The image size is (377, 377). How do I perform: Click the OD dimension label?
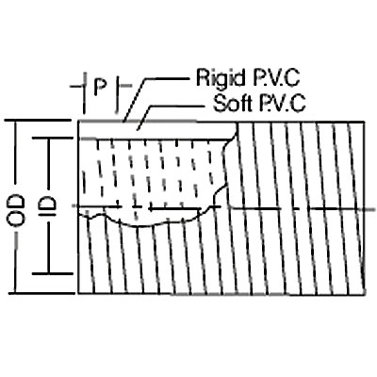click(x=16, y=210)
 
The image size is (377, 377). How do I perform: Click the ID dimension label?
click(x=49, y=207)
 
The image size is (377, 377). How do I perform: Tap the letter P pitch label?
click(x=100, y=87)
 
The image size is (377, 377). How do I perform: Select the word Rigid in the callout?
click(x=221, y=77)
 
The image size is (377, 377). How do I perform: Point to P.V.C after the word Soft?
click(x=283, y=103)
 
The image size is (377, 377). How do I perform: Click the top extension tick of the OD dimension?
click(x=39, y=121)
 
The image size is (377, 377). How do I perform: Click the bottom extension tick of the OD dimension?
click(x=41, y=293)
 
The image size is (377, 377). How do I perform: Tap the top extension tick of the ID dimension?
click(x=53, y=139)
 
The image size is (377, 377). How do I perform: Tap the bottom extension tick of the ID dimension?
click(x=53, y=274)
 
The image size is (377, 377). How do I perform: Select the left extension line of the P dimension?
click(x=84, y=93)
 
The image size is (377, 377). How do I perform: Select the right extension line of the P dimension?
click(x=117, y=93)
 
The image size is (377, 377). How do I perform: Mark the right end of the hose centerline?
click(x=375, y=209)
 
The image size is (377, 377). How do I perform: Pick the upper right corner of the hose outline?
click(x=365, y=121)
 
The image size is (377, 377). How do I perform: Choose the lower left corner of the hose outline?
click(x=78, y=293)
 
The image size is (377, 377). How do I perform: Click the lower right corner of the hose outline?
click(x=365, y=295)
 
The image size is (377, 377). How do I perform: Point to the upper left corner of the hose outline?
click(x=78, y=121)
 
